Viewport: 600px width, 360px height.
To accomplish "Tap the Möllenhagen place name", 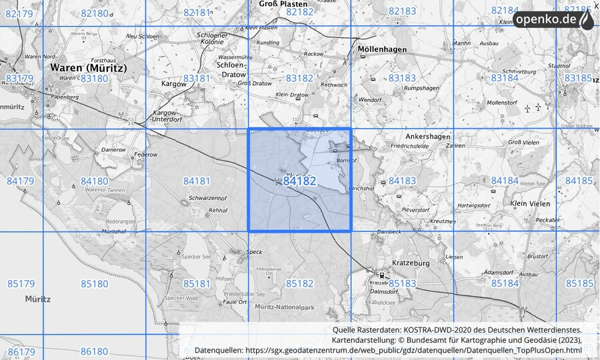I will pos(383,49).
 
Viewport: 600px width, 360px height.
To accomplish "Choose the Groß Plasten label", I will pos(283,4).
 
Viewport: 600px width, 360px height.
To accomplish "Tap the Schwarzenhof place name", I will pos(208,199).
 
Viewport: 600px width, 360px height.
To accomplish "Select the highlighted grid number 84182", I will pos(299,181).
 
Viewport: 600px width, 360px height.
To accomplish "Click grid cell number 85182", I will pos(299,283).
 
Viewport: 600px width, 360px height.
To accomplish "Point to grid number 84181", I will pos(197,181).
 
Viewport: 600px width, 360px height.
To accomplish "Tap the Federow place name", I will pos(145,154).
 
